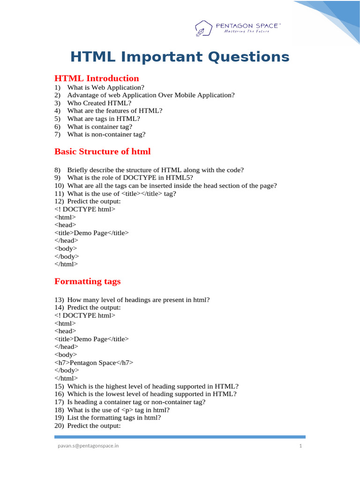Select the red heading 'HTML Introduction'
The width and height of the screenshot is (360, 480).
(x=97, y=78)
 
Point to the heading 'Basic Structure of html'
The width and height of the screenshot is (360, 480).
(x=102, y=151)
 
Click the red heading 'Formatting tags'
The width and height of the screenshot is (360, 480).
(x=87, y=281)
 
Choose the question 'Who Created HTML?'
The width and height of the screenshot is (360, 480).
(x=99, y=103)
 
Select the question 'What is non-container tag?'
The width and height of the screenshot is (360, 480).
(x=106, y=134)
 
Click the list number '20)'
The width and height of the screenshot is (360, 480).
(x=59, y=426)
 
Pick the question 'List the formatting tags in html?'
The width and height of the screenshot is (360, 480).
(x=114, y=418)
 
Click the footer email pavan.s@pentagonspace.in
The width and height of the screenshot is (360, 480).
(x=87, y=446)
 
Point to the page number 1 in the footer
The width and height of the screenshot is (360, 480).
(x=300, y=446)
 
